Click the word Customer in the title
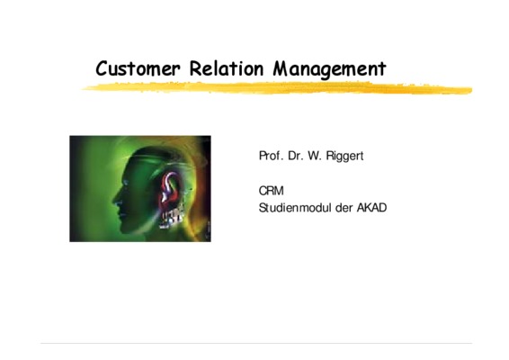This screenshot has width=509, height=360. tap(138, 68)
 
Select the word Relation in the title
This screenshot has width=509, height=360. tap(227, 68)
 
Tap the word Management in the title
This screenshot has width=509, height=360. tap(329, 69)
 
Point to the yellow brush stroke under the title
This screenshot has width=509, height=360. tap(277, 88)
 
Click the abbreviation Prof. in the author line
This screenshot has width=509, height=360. tap(271, 156)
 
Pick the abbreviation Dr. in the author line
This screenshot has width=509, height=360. tap(295, 156)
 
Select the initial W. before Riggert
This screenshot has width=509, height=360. tap(315, 156)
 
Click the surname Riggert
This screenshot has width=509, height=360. tap(344, 157)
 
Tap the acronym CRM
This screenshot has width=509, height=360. tap(271, 191)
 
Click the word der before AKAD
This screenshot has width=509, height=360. tap(344, 208)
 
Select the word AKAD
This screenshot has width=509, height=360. tap(372, 208)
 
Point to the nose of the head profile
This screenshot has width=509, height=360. tap(116, 199)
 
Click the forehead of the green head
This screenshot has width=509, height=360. tap(129, 169)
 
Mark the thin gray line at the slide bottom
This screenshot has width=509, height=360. tap(256, 343)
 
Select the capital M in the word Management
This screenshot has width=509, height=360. tap(281, 68)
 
